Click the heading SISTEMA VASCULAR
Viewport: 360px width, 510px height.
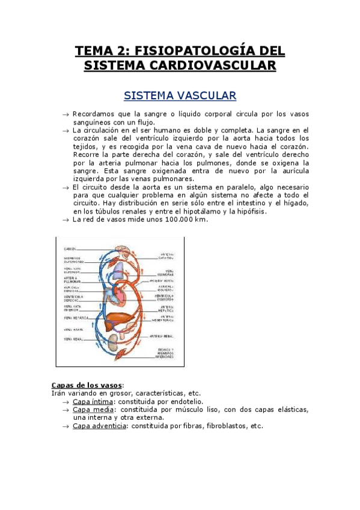(180, 96)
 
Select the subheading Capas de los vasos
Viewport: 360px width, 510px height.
(87, 385)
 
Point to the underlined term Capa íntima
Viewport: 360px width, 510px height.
(93, 401)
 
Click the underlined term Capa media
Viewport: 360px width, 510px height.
(93, 410)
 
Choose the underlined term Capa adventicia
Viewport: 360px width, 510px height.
(99, 426)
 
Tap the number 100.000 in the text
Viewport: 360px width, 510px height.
(177, 220)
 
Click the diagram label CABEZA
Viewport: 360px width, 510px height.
(71, 247)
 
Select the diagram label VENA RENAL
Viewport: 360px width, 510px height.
(73, 340)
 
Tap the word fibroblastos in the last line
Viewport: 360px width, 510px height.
(227, 426)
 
